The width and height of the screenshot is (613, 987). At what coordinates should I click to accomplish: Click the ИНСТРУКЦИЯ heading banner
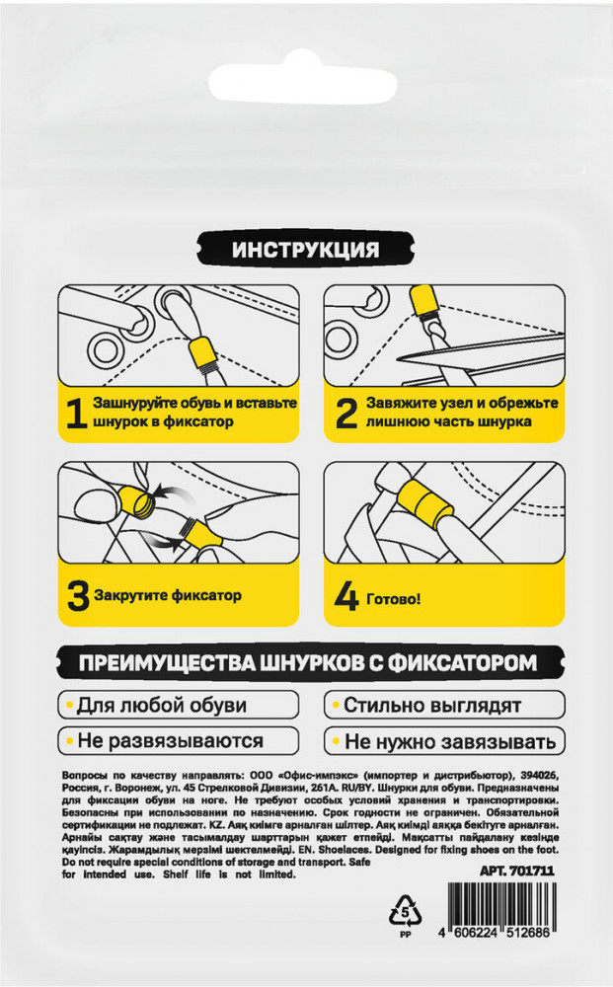tap(306, 250)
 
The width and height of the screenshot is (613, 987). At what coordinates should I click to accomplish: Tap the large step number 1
tap(77, 414)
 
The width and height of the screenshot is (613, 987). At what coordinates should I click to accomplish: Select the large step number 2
tap(346, 414)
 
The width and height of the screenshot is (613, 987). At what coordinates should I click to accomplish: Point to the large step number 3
tap(78, 596)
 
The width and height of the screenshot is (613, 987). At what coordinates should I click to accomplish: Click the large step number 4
tap(346, 599)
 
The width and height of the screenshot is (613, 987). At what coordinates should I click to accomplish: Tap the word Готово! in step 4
tap(393, 599)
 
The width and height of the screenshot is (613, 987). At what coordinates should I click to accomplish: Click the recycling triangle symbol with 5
tap(406, 910)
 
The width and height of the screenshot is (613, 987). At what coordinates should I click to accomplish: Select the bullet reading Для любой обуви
tap(178, 705)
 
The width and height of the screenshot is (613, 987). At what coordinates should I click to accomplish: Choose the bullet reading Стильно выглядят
tap(444, 705)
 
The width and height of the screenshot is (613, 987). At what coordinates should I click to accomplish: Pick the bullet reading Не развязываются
tap(178, 741)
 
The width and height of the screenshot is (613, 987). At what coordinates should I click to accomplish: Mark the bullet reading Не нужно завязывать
tap(444, 741)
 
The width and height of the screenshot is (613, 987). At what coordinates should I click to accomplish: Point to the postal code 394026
tap(540, 775)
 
